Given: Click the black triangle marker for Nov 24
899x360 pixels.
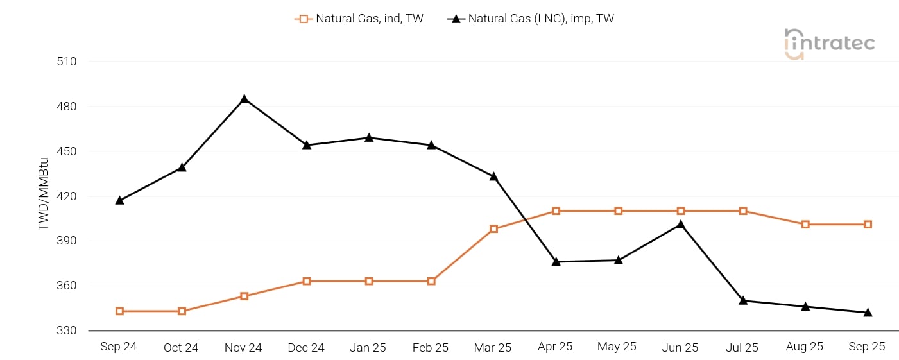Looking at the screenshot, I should [x=244, y=99].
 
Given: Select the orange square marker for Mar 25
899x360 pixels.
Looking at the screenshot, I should [x=493, y=228].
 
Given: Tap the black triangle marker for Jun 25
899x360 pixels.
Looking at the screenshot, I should [x=680, y=225].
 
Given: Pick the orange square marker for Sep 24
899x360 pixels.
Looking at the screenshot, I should [x=119, y=311].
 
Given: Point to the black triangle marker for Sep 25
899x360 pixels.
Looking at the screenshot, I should [x=868, y=313].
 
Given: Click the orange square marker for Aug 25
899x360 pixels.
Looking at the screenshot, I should [x=805, y=224].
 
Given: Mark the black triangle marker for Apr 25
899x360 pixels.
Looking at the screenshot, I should [x=556, y=261].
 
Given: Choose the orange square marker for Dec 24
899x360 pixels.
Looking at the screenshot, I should [x=307, y=281].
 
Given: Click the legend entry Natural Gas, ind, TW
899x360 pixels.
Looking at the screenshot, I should [x=359, y=19].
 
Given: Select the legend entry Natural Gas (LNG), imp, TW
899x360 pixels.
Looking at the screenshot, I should [x=531, y=19].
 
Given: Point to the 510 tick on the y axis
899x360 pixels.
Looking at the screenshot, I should [x=66, y=62].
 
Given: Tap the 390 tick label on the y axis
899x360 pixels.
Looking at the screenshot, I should [x=66, y=241].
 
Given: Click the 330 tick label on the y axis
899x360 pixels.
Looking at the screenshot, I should [x=66, y=330].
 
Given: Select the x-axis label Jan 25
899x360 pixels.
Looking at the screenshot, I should [x=368, y=347].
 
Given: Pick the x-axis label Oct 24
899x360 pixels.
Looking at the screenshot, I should [x=181, y=347].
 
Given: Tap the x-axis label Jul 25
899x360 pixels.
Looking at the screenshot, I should [x=742, y=347].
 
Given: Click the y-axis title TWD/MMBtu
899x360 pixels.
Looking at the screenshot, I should [x=44, y=194].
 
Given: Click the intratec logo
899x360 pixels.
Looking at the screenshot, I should [x=829, y=44].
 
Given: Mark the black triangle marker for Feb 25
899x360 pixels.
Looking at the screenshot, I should [x=431, y=144].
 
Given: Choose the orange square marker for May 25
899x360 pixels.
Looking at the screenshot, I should [x=618, y=211].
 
